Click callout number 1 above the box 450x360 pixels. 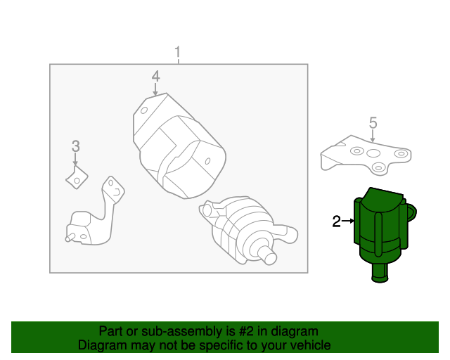178,53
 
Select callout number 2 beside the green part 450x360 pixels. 336,222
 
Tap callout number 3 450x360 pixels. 75,146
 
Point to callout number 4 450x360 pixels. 155,76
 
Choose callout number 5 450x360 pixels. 373,122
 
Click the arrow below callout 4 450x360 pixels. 155,89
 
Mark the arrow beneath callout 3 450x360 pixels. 75,160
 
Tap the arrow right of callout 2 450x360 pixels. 348,222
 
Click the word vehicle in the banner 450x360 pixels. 308,345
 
